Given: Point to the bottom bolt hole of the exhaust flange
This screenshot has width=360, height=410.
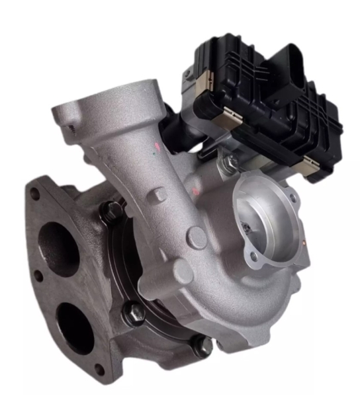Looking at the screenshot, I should (x=99, y=370).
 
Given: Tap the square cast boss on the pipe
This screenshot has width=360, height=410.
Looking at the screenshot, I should (x=157, y=196).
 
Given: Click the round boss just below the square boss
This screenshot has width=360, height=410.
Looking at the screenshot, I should (x=195, y=235).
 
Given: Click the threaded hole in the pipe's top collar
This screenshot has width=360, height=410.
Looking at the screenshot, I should (x=64, y=122).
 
